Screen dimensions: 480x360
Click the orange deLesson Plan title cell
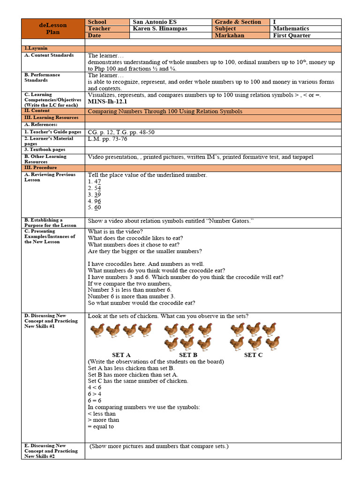point(53,29)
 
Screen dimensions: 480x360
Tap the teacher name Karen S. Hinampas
point(160,29)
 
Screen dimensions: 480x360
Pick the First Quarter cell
point(292,36)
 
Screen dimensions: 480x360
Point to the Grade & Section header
point(238,22)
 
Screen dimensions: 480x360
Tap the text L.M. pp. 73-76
point(107,139)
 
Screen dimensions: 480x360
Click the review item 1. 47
point(95,181)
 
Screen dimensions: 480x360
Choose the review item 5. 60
point(95,207)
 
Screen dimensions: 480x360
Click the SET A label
point(121,355)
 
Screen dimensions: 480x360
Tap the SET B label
point(188,355)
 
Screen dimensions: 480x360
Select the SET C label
point(253,355)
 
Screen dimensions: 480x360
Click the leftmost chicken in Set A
point(97,330)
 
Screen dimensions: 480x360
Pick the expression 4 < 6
point(95,388)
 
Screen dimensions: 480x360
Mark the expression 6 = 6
point(95,401)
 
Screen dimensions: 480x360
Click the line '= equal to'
point(101,427)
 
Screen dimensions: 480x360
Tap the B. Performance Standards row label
point(43,77)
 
